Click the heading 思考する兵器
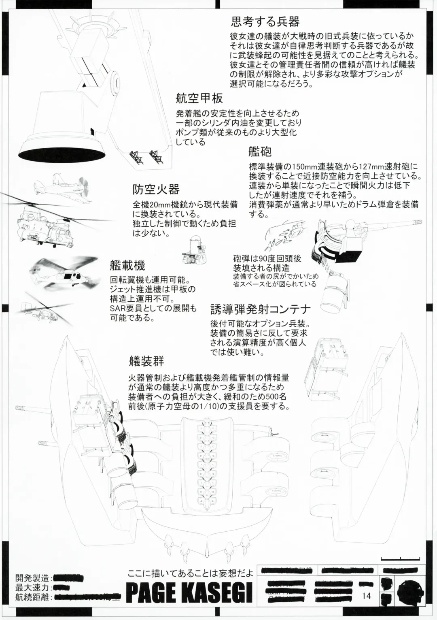click(265, 21)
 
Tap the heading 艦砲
click(260, 151)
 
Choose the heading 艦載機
click(127, 265)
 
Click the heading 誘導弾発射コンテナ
click(260, 310)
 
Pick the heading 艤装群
click(146, 361)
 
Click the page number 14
click(367, 596)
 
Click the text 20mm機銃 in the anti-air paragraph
click(160, 205)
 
